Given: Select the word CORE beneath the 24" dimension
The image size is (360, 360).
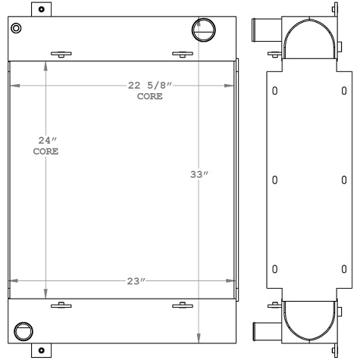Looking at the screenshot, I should click(45, 152).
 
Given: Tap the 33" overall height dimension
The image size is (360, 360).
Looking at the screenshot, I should click(199, 175).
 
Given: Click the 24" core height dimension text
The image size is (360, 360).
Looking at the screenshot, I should click(47, 140).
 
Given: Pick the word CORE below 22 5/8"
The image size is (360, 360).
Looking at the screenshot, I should click(149, 97).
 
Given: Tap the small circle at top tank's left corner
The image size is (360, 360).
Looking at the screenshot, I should click(17, 29).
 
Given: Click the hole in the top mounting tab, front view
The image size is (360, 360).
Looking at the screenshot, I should click(40, 9).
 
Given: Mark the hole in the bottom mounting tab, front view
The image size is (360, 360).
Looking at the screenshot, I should click(40, 351).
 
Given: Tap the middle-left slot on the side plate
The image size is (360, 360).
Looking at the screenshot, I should click(274, 180).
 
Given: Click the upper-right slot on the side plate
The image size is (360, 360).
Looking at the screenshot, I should click(345, 92).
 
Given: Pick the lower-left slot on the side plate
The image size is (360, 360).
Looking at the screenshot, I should click(274, 268).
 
